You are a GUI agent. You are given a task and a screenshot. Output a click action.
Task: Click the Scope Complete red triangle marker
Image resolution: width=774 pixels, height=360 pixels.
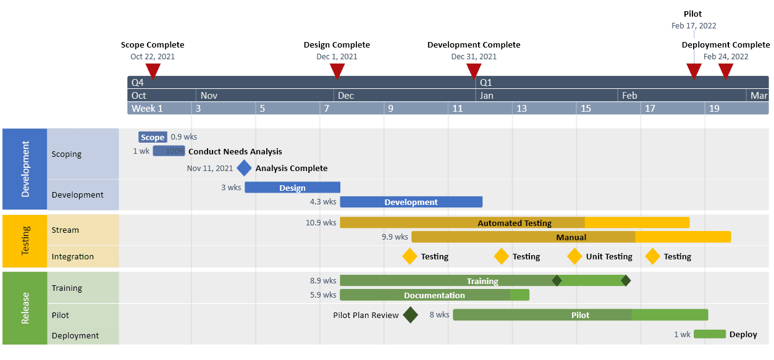pyautogui.click(x=153, y=71)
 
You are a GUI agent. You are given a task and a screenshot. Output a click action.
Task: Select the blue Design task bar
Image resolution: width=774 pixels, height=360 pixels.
pyautogui.click(x=292, y=188)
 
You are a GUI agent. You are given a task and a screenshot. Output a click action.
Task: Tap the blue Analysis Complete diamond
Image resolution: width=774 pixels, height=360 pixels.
pyautogui.click(x=245, y=168)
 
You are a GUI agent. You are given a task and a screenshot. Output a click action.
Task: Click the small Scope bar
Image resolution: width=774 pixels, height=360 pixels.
pyautogui.click(x=153, y=137)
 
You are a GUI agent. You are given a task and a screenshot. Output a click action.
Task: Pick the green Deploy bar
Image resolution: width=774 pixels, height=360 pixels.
pyautogui.click(x=709, y=334)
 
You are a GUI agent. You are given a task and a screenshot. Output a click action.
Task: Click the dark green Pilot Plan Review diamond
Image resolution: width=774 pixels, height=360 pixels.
pyautogui.click(x=410, y=315)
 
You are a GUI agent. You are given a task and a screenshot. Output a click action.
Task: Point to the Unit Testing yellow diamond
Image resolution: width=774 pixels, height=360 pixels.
pyautogui.click(x=575, y=256)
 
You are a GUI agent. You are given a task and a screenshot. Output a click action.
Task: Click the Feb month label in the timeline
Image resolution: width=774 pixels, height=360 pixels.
pyautogui.click(x=629, y=96)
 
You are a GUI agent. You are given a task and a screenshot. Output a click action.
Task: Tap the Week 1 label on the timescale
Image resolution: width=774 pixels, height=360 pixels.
pyautogui.click(x=147, y=109)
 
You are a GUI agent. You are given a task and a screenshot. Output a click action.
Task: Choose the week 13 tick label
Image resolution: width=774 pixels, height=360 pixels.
pyautogui.click(x=522, y=109)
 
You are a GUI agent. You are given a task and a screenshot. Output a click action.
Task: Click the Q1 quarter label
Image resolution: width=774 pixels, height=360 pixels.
pyautogui.click(x=486, y=82)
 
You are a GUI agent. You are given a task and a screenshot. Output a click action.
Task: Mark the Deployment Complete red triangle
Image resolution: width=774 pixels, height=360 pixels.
pyautogui.click(x=726, y=71)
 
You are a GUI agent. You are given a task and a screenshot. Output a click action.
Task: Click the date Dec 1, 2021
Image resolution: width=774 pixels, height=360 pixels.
pyautogui.click(x=337, y=57)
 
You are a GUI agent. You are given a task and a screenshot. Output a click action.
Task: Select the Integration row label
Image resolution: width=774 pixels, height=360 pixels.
pyautogui.click(x=73, y=256)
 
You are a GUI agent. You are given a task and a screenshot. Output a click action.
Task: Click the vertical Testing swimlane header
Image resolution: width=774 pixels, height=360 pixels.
pyautogui.click(x=25, y=241)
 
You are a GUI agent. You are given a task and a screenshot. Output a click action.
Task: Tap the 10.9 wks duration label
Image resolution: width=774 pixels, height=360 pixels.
pyautogui.click(x=321, y=222)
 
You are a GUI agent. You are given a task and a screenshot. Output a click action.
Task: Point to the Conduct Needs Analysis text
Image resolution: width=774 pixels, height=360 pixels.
pyautogui.click(x=235, y=151)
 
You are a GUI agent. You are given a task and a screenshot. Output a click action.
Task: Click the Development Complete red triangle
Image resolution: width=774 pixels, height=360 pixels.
pyautogui.click(x=474, y=71)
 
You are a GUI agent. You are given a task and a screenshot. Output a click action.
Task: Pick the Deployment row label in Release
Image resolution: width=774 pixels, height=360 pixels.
pyautogui.click(x=75, y=335)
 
